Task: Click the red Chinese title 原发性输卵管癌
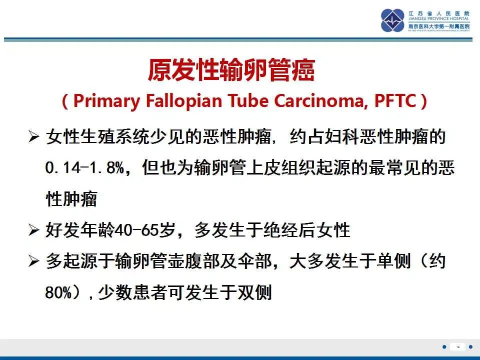pyautogui.click(x=231, y=70)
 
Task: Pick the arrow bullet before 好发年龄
pyautogui.click(x=33, y=230)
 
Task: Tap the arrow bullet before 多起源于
pyautogui.click(x=33, y=261)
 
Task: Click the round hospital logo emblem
pyautogui.click(x=393, y=20)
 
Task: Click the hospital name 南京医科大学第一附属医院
pyautogui.click(x=439, y=26)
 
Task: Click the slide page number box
pyautogui.click(x=457, y=347)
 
